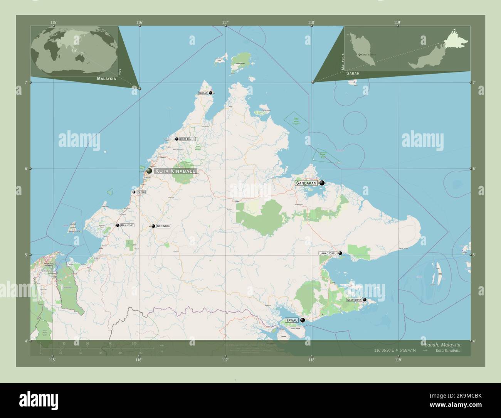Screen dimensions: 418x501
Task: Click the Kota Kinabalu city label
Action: (175, 171)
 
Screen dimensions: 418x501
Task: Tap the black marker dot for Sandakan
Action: (322, 183)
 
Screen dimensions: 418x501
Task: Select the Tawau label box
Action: (292, 320)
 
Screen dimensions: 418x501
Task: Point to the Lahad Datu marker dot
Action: (340, 253)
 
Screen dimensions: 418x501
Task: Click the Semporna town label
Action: (354, 300)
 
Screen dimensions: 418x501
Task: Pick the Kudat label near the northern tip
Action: (203, 93)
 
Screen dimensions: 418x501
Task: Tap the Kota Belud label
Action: (187, 139)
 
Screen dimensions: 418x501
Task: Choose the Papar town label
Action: (141, 192)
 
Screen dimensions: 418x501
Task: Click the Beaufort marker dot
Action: (118, 225)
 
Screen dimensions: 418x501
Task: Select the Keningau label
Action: (163, 226)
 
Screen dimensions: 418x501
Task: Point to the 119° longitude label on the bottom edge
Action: (398, 360)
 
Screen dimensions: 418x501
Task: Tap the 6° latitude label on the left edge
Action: (26, 169)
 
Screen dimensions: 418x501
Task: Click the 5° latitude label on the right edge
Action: (474, 255)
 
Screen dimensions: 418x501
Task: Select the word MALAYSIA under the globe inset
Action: (106, 79)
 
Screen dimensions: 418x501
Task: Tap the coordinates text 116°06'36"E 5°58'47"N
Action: (395, 351)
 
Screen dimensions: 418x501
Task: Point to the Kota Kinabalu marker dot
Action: (149, 170)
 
